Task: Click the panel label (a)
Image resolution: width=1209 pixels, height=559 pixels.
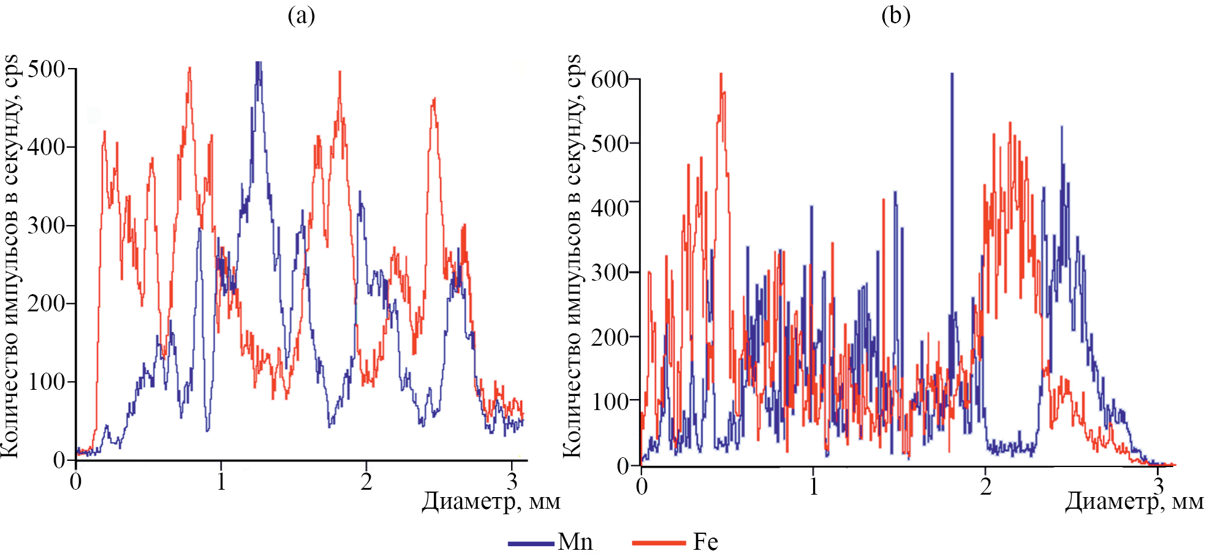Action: point(301,15)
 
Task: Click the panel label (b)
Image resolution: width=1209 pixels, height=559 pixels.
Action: point(895,15)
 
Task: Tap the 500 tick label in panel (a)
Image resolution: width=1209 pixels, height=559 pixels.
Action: point(46,69)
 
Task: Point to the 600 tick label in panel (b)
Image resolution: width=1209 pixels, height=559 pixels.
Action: point(610,79)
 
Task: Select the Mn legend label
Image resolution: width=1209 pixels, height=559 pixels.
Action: point(575,542)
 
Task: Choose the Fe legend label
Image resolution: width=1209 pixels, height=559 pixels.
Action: point(705,542)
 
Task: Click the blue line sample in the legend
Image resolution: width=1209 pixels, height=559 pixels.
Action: point(531,543)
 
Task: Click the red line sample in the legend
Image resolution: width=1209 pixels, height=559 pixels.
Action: point(659,543)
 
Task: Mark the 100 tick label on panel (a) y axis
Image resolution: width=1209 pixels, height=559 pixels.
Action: point(46,382)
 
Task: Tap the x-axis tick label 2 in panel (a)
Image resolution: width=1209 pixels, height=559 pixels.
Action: point(366,482)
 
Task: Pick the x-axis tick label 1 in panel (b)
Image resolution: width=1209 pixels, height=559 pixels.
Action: point(813,487)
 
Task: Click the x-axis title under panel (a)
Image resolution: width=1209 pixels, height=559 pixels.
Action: point(491,501)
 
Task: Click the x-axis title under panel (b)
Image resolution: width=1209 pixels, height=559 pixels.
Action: point(1134,501)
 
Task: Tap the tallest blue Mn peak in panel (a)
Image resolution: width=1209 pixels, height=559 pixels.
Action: point(259,64)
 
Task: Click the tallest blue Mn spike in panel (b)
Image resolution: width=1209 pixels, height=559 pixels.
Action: point(952,75)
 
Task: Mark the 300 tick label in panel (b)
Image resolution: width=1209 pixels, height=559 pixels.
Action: point(610,272)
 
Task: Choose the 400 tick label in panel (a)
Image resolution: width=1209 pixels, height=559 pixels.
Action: point(46,147)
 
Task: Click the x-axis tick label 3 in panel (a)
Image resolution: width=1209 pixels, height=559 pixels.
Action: point(512,482)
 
